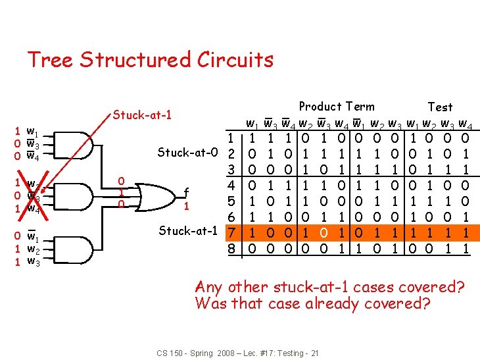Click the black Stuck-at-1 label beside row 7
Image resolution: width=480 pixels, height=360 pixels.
[188, 231]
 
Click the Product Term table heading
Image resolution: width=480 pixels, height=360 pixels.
[337, 107]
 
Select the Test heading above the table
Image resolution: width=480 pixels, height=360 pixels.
[440, 107]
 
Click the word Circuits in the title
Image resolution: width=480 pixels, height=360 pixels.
[235, 60]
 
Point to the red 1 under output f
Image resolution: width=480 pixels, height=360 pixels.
[187, 206]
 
